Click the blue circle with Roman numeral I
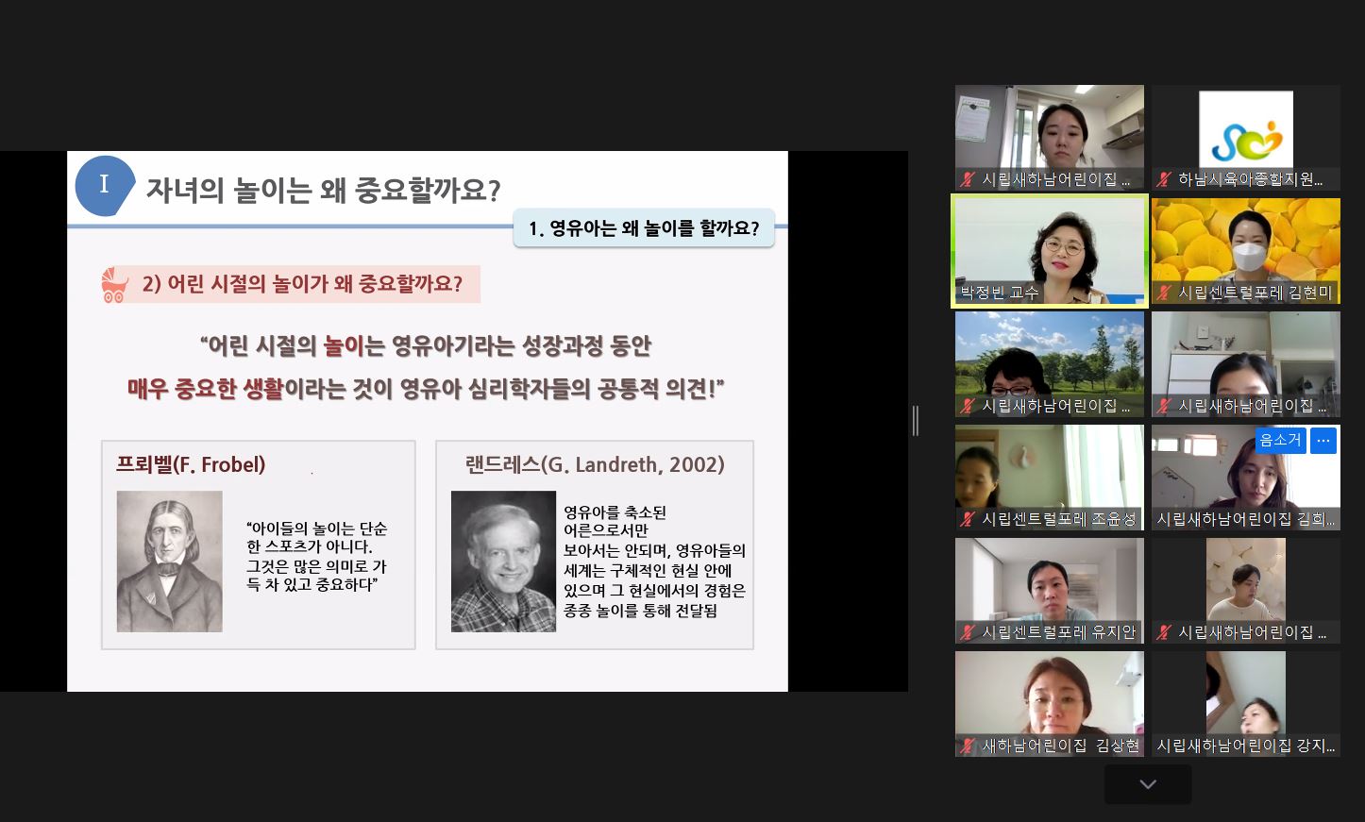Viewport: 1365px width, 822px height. (104, 186)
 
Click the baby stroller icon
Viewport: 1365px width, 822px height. (114, 285)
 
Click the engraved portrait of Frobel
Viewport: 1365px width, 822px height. (169, 562)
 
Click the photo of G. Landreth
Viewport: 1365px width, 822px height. (503, 562)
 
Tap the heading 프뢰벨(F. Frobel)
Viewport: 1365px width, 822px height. (191, 464)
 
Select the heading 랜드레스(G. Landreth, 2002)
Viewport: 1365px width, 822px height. (595, 464)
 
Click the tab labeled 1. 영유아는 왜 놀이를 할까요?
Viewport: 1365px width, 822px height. (644, 227)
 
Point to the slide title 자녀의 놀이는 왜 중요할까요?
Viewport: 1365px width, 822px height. (323, 190)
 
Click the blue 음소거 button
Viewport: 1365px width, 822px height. (1280, 440)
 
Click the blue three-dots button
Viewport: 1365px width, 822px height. (1323, 441)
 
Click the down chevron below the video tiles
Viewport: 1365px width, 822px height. (1148, 784)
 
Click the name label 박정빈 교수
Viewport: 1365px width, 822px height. (1000, 294)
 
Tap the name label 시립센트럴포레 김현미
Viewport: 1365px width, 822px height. (1255, 294)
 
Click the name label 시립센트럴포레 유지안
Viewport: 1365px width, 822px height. (1058, 632)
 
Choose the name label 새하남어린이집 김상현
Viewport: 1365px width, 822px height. (1060, 746)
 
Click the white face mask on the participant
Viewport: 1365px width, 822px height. (1249, 257)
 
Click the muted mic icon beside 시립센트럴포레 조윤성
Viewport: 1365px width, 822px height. (967, 519)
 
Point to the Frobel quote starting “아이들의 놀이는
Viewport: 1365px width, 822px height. (316, 556)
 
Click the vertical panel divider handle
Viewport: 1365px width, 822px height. (916, 421)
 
